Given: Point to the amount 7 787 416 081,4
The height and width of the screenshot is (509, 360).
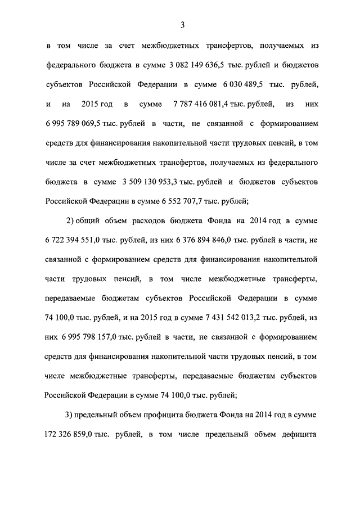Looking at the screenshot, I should point(204,103).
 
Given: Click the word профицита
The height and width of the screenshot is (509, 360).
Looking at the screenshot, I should point(168,415).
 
